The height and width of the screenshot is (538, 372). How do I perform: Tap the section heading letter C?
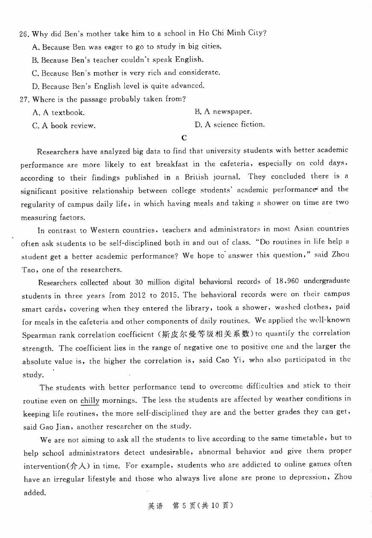pos(184,137)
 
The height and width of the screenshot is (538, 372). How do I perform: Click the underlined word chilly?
pos(90,401)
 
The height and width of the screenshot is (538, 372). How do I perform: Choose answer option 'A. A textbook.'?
pos(58,113)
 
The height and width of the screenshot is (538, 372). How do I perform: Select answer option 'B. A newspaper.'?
pos(223,112)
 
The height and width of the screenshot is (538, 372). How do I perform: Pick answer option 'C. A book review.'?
pos(64,126)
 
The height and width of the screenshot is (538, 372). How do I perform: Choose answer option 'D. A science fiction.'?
pos(229,125)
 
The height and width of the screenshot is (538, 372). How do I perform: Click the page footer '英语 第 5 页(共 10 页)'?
pos(190,506)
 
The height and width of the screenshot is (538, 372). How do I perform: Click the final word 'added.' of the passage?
pos(35,492)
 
